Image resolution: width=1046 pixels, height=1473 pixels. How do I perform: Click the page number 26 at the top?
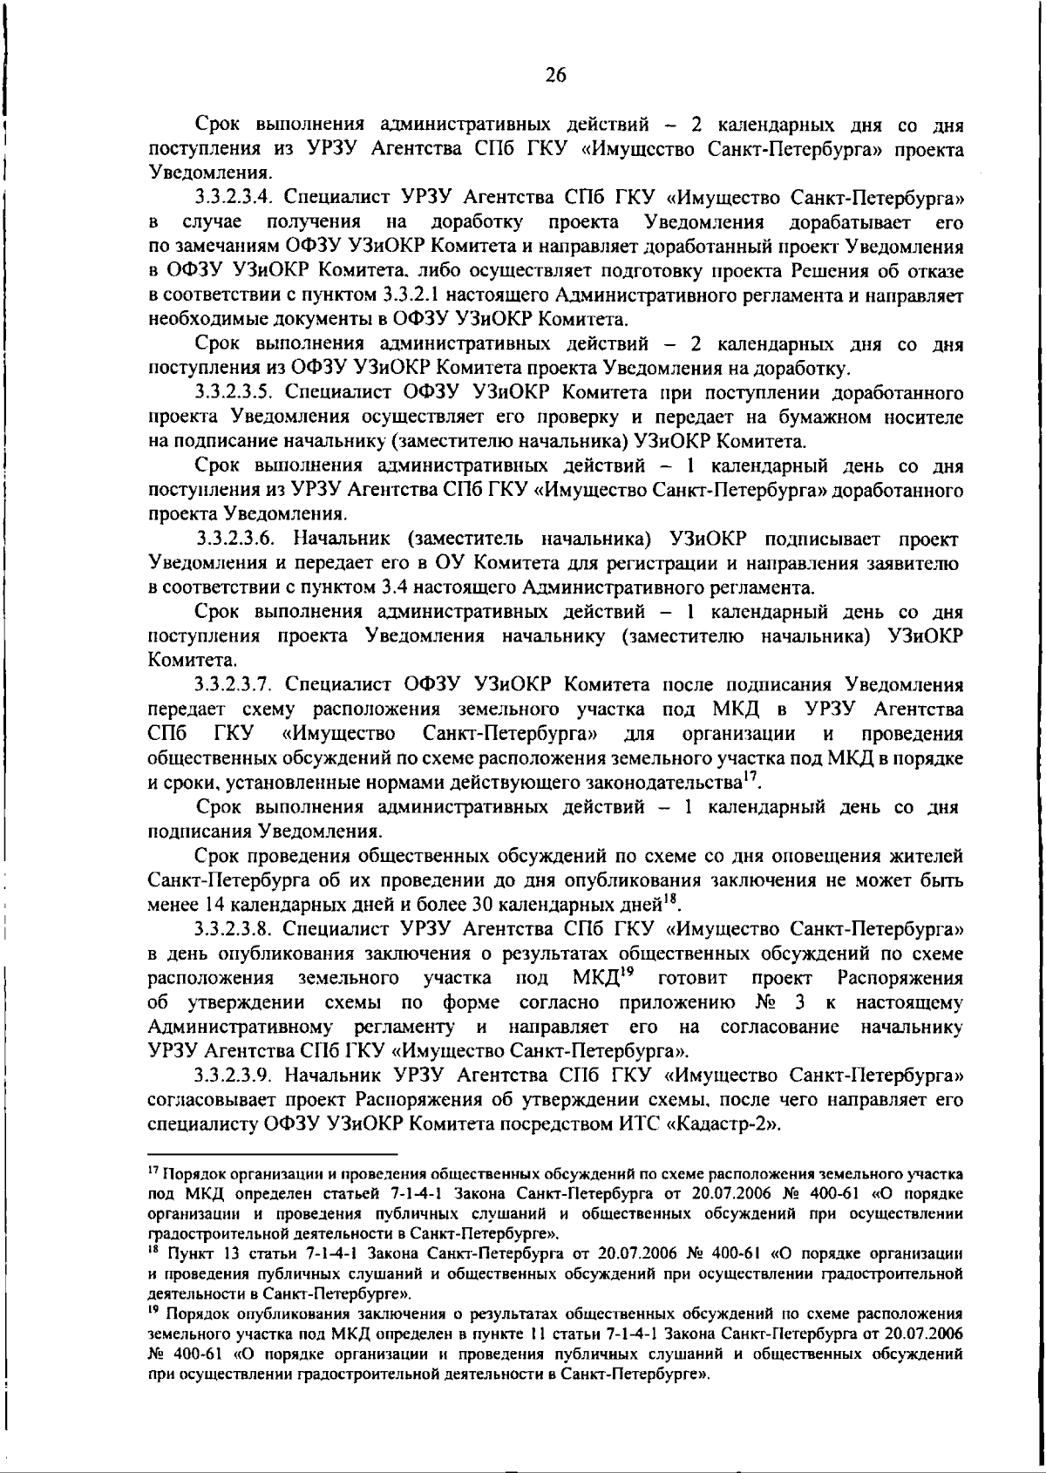pyautogui.click(x=555, y=75)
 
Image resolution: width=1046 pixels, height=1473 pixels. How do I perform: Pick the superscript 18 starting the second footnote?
pyautogui.click(x=154, y=1252)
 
